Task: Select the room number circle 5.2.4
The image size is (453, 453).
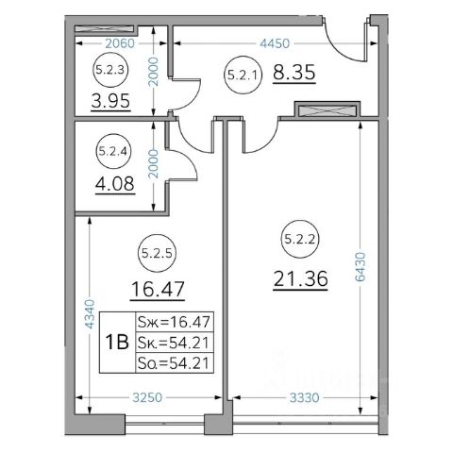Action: tap(113, 151)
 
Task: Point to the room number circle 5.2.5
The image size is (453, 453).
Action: tap(157, 253)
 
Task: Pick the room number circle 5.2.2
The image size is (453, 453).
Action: tap(299, 239)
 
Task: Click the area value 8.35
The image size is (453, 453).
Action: tap(294, 73)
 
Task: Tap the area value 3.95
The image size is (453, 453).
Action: tap(110, 101)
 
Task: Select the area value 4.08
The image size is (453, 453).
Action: tap(115, 184)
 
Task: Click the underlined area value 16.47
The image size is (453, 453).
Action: tap(158, 290)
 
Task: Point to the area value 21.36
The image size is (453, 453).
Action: tap(300, 279)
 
